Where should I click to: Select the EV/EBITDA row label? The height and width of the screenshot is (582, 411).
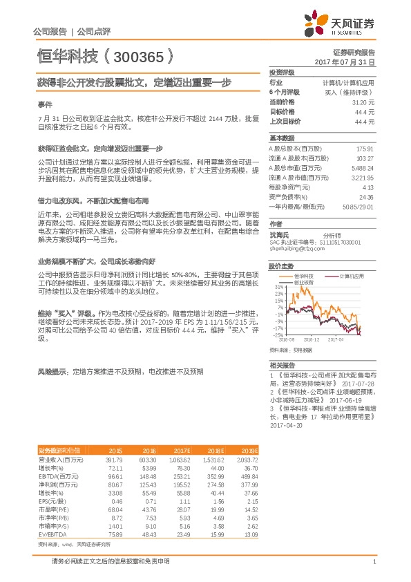click(52, 514)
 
